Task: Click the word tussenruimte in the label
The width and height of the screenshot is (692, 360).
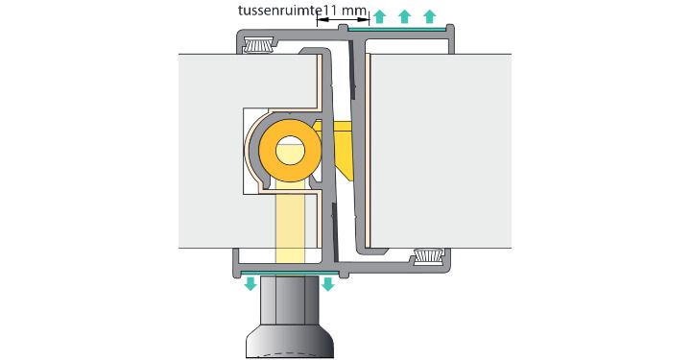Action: (278, 11)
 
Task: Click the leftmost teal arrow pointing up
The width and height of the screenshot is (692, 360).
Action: (379, 16)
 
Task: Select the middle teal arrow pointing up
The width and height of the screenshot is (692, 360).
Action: (404, 16)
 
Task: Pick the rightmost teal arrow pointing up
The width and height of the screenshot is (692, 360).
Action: (429, 16)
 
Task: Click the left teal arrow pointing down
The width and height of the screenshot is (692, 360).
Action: (251, 283)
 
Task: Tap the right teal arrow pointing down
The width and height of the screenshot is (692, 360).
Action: (327, 283)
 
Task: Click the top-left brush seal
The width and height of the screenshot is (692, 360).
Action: (259, 44)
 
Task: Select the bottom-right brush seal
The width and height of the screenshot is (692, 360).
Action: (428, 256)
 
